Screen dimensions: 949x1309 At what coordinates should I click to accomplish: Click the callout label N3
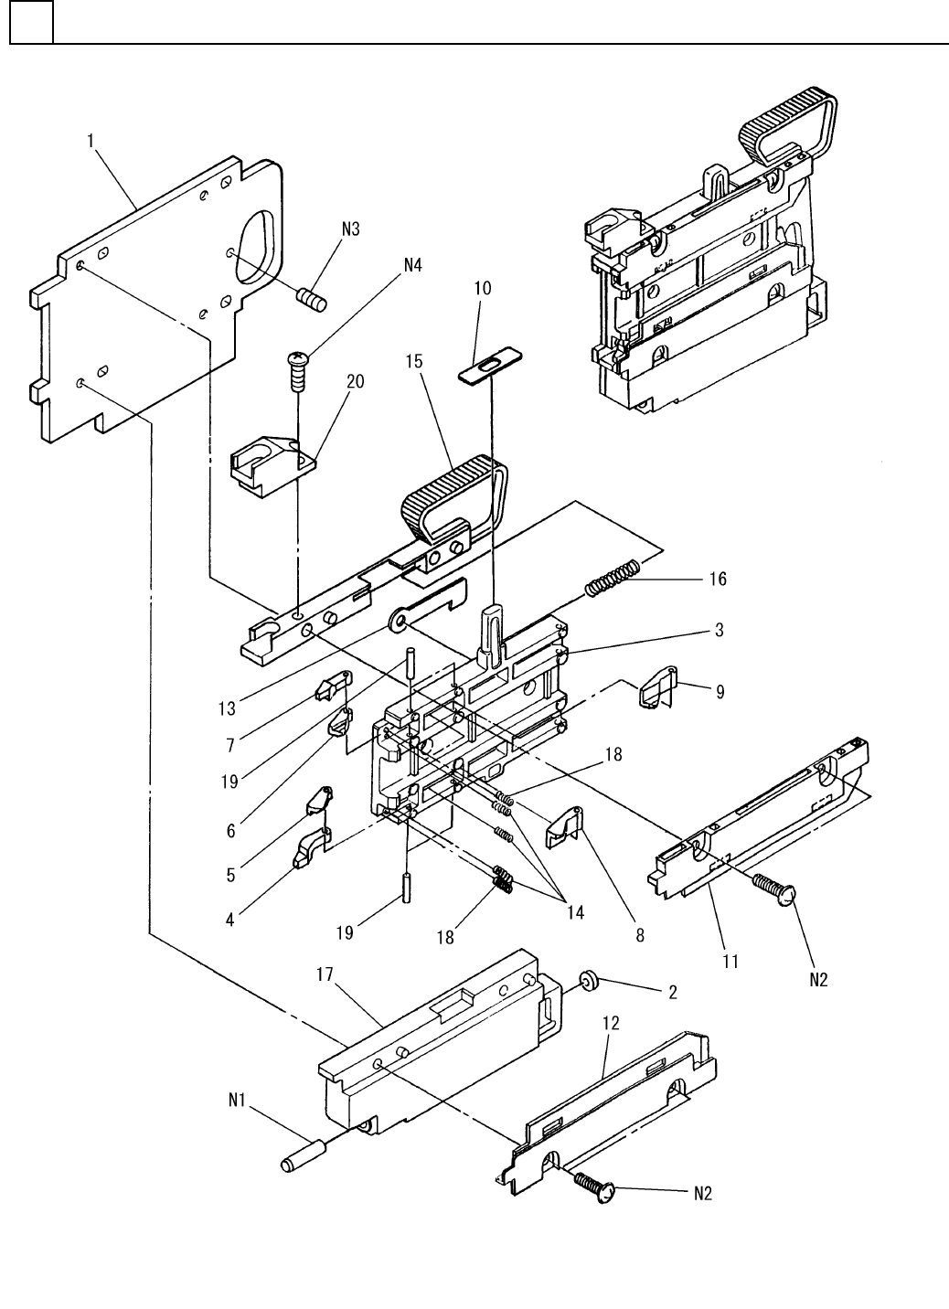(x=350, y=229)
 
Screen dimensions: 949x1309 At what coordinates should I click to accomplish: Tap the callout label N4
(x=412, y=265)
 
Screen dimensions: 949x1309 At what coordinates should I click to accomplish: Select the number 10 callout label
(x=483, y=288)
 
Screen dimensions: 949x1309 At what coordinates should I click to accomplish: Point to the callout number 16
(x=718, y=579)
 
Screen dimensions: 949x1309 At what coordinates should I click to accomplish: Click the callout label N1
(x=237, y=1100)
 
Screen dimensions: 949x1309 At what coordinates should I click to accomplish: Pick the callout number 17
(x=325, y=974)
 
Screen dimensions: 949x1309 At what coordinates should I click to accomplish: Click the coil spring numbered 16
(x=613, y=578)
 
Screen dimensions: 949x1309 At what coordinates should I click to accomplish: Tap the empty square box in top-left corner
(x=32, y=22)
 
